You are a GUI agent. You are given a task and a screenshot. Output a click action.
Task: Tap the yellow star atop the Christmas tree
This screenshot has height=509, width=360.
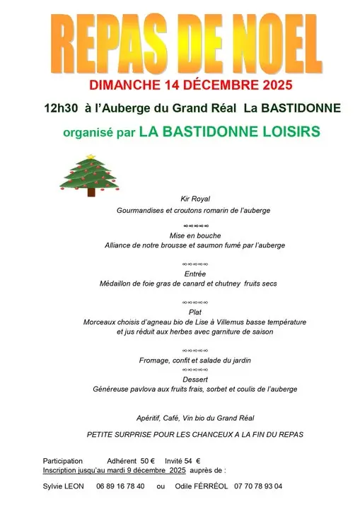click(x=89, y=157)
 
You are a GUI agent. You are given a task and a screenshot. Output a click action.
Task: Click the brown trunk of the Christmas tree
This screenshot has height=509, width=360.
click(x=89, y=191)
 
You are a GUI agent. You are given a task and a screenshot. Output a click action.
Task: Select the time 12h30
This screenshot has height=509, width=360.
click(x=59, y=108)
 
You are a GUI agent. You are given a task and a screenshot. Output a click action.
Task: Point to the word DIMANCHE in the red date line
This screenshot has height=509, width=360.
click(x=124, y=86)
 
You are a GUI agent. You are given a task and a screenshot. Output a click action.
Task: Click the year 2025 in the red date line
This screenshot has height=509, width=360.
click(x=256, y=86)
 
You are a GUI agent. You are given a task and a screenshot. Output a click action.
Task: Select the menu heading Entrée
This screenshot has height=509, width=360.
click(x=194, y=274)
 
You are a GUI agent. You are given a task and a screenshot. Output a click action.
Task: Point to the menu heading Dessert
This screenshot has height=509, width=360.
click(x=194, y=379)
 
